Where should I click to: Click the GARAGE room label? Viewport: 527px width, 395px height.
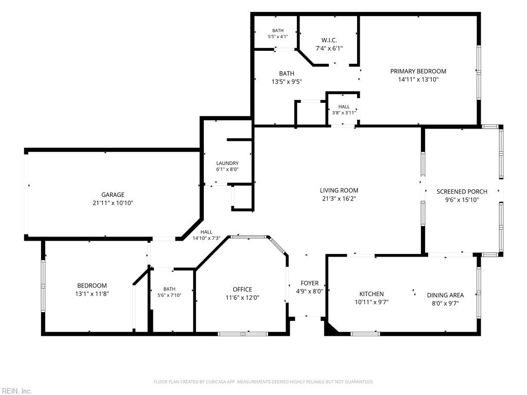[113, 195]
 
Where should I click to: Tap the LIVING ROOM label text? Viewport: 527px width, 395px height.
[339, 190]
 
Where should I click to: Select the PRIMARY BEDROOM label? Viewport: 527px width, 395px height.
[418, 71]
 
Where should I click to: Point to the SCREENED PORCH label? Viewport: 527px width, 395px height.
[462, 191]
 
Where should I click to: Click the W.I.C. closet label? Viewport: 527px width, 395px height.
[329, 40]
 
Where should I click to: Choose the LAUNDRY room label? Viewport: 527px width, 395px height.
[227, 163]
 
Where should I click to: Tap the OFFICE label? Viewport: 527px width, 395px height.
[242, 289]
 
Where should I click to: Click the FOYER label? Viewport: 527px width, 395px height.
[309, 283]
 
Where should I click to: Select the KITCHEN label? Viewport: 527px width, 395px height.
[372, 294]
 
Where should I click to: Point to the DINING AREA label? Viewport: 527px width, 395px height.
[445, 295]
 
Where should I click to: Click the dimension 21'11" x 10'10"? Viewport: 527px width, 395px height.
[113, 203]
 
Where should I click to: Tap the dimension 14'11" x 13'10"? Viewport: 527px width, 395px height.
[418, 80]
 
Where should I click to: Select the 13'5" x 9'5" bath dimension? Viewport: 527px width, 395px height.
[287, 82]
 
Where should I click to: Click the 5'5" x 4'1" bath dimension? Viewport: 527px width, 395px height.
[278, 37]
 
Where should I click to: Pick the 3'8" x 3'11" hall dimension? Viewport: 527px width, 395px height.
[344, 113]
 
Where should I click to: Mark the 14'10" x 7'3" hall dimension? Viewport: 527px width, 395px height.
[206, 238]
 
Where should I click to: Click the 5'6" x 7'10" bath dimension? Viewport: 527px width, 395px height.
[169, 295]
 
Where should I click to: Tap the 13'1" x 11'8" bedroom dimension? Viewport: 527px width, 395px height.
[92, 294]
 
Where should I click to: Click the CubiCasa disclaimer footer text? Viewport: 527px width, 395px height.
[263, 382]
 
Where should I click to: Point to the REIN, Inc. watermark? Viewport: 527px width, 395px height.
[16, 391]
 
